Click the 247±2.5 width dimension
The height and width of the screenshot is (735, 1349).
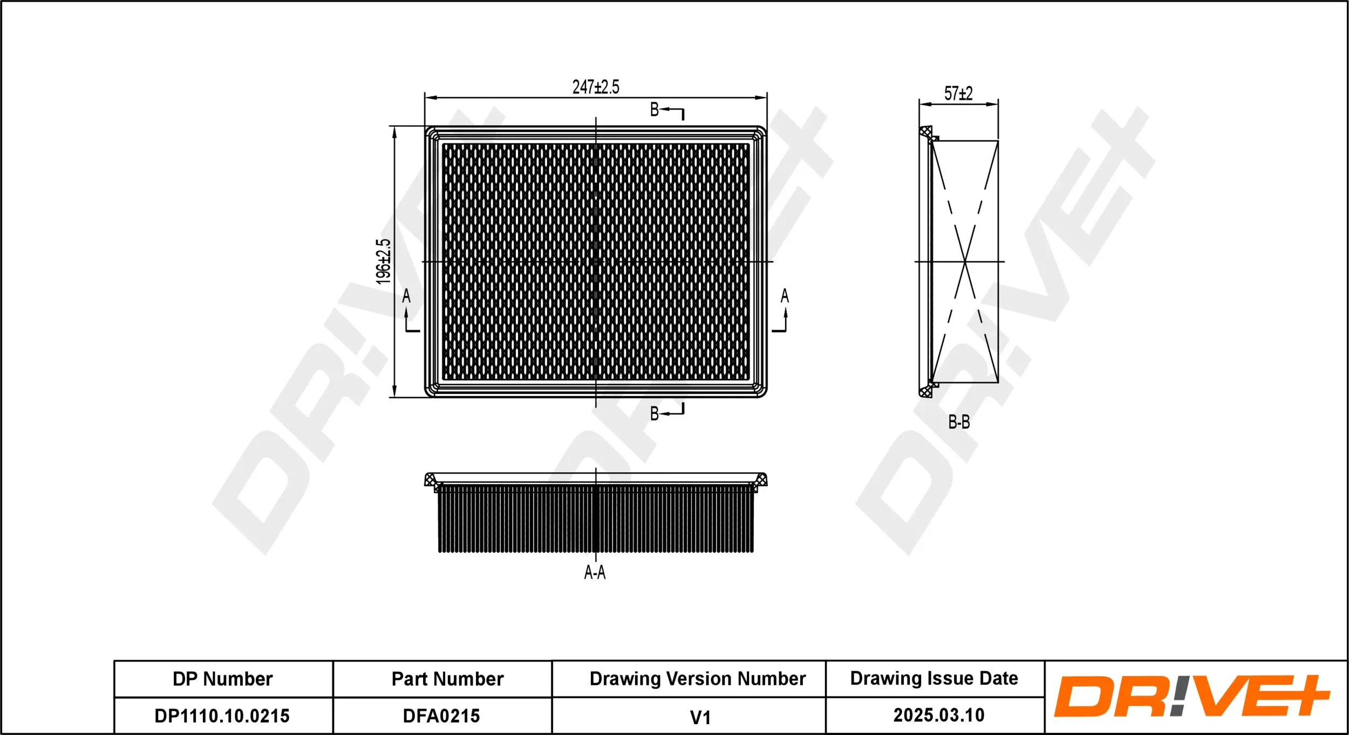(x=595, y=87)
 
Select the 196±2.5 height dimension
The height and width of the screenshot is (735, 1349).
(x=383, y=262)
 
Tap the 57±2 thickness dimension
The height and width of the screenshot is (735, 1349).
(x=958, y=94)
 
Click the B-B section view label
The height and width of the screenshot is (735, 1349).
(x=959, y=422)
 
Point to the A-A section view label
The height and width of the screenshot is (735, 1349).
(x=595, y=573)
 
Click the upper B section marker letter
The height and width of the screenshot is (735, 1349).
(x=655, y=110)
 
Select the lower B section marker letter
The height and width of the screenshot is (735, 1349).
(x=655, y=414)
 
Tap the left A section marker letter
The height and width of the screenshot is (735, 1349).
(x=406, y=296)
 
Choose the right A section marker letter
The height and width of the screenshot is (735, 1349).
(x=785, y=296)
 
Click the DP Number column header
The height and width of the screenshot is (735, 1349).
(x=223, y=679)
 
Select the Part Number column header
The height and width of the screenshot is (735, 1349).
(x=447, y=679)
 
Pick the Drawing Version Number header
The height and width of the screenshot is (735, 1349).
(x=697, y=678)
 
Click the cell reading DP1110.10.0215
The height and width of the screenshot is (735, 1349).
(x=222, y=716)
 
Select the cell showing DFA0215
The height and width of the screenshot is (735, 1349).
(x=441, y=716)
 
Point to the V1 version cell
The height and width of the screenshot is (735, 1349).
(x=700, y=717)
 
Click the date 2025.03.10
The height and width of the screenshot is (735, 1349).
(x=939, y=715)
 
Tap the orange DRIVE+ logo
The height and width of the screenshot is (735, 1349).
(x=1191, y=696)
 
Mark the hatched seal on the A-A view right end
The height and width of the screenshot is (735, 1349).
(x=761, y=479)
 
